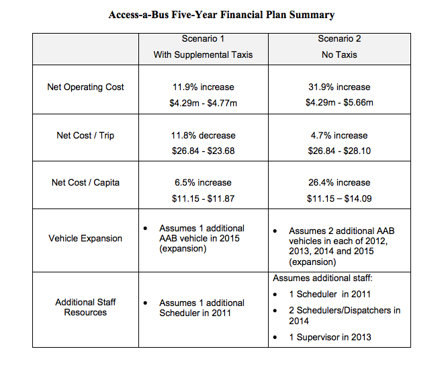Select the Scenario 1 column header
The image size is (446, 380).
click(x=203, y=39)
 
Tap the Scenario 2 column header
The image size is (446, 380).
click(x=340, y=39)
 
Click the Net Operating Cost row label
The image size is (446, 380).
click(x=85, y=87)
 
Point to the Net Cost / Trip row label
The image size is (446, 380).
click(x=85, y=136)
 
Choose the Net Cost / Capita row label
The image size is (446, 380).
click(x=85, y=183)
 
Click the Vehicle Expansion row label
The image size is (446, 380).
click(x=85, y=239)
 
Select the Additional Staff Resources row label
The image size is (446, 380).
click(x=85, y=307)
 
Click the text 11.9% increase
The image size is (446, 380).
click(x=203, y=87)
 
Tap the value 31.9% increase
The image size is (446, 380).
click(x=340, y=87)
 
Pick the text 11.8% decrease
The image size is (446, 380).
click(x=203, y=136)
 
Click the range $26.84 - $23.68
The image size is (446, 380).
click(x=203, y=151)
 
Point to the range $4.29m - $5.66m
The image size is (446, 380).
click(x=340, y=103)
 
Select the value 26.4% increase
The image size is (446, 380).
click(x=340, y=183)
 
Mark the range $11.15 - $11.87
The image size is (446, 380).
click(x=203, y=198)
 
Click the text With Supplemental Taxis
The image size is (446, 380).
click(x=203, y=54)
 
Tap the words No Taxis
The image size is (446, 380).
click(x=340, y=54)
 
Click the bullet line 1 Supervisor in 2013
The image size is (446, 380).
click(x=330, y=337)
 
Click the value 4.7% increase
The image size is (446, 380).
click(x=340, y=136)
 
